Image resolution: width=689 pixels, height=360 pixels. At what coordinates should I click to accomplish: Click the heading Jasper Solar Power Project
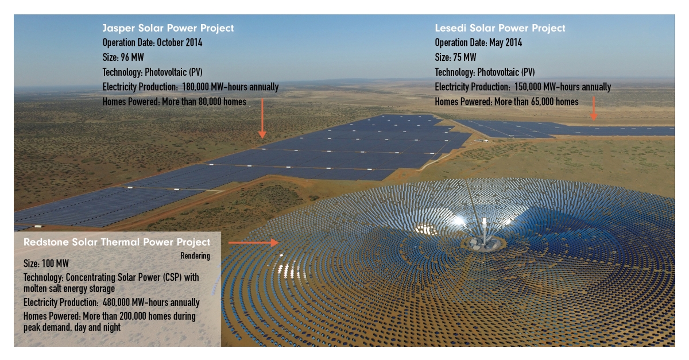[x=168, y=28]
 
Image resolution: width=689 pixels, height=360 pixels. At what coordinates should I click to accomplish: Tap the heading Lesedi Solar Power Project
[x=500, y=28]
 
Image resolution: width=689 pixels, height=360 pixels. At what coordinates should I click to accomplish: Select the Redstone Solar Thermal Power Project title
[x=117, y=242]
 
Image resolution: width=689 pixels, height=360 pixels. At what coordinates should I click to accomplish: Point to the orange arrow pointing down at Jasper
[x=262, y=118]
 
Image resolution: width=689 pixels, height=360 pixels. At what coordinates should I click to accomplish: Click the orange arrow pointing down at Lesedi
[x=594, y=109]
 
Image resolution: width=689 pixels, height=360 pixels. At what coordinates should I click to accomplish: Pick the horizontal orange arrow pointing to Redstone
[x=253, y=243]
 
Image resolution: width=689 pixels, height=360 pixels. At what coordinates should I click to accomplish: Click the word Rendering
[x=195, y=256]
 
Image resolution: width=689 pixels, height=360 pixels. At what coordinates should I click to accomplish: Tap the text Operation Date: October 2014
[x=152, y=42]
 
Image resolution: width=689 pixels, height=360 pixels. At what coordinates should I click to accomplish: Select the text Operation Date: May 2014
[x=478, y=42]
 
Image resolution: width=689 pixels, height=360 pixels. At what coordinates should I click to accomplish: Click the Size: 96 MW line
[x=123, y=57]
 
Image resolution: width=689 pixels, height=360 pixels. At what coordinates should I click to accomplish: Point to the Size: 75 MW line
[x=455, y=57]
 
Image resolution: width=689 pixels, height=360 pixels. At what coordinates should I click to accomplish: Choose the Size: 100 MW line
[x=46, y=264]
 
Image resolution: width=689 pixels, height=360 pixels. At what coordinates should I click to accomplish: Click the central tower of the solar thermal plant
[x=485, y=234]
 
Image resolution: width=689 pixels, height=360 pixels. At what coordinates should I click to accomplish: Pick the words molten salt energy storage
[x=69, y=289]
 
